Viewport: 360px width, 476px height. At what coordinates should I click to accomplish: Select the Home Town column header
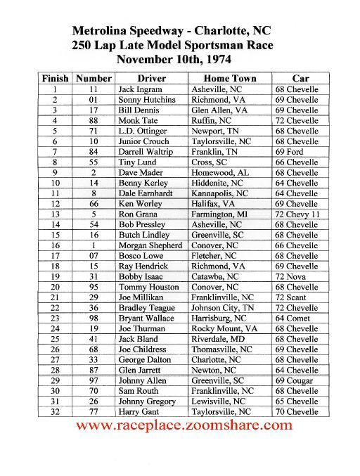tap(230, 78)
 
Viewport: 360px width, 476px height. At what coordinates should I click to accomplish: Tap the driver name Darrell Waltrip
tap(147, 151)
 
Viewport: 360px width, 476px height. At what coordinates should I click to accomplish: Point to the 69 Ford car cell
tap(290, 151)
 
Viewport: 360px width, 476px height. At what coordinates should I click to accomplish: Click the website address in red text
tap(183, 425)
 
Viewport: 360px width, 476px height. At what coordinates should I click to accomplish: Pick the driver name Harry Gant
tap(139, 411)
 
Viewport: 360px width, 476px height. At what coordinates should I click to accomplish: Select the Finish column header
tap(55, 78)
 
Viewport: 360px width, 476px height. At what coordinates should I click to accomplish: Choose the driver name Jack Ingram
tap(142, 89)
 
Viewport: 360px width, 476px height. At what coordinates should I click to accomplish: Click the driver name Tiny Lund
tap(138, 162)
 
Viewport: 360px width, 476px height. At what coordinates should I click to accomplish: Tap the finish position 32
tap(55, 411)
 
